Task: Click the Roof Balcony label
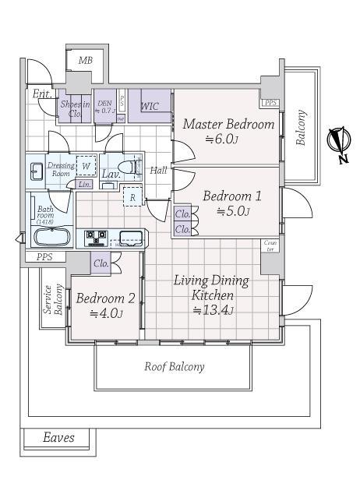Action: coord(175,366)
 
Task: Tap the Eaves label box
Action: coord(59,438)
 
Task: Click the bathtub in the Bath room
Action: coord(53,236)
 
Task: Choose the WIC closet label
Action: coord(151,107)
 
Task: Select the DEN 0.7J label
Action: coord(104,107)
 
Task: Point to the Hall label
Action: coord(159,171)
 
